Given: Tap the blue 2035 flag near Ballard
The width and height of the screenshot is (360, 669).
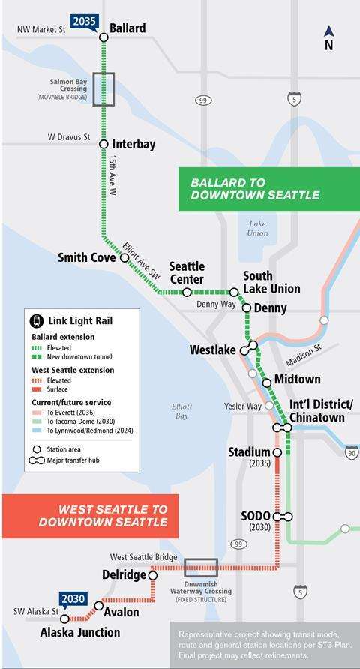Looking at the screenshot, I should (85, 21).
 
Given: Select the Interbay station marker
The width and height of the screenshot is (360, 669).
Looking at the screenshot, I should (103, 143).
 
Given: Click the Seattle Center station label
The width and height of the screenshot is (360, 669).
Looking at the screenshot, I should (187, 273).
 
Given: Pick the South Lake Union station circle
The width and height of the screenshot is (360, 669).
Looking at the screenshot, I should (234, 292).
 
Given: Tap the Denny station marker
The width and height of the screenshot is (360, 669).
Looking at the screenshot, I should (247, 307).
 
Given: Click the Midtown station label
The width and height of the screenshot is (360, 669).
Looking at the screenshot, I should (297, 379).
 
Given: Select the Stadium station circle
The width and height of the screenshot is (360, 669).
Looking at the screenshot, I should (277, 453).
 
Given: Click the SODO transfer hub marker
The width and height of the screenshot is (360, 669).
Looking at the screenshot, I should (283, 517).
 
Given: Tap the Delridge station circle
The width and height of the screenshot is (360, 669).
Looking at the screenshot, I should (149, 575).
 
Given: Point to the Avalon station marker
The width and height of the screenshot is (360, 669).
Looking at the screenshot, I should (99, 605).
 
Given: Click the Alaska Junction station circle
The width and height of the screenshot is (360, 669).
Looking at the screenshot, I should (65, 619).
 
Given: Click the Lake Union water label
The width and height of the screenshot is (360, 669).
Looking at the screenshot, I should (257, 228).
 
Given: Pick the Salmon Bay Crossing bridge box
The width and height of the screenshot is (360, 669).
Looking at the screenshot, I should (103, 88).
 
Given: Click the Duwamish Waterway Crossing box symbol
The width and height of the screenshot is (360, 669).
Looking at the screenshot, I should (201, 568).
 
